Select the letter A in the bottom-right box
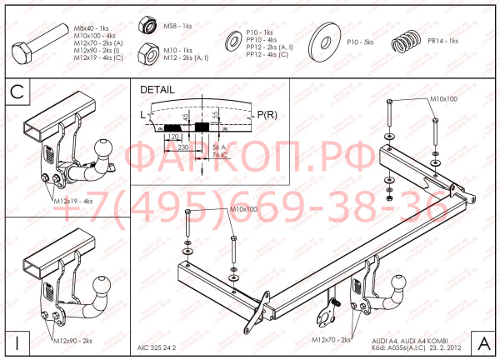483,342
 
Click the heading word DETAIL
157,88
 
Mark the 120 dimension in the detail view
173,136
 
